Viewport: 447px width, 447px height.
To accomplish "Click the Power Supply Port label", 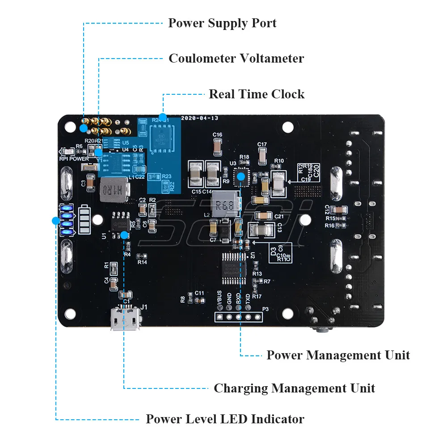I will coord(222,23).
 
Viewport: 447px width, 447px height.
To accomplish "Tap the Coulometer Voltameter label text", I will coord(236,59).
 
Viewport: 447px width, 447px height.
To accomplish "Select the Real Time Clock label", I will coord(257,94).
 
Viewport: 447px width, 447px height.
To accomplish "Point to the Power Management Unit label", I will coord(338,355).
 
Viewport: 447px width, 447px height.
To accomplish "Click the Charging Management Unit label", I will coord(294,388).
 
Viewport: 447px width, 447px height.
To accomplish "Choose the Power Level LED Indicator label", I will coord(225,419).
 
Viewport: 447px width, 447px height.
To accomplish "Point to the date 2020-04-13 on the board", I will coord(199,118).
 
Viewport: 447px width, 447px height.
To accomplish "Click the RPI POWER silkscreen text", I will coord(74,158).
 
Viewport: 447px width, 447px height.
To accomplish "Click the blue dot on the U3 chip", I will coord(241,176).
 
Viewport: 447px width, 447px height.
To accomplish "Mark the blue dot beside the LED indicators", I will coord(56,220).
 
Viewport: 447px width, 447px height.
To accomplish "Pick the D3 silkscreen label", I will coord(273,250).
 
